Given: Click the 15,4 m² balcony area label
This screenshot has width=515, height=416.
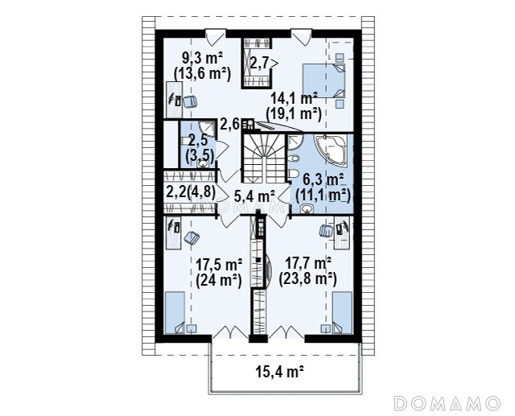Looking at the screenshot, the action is pos(279,373).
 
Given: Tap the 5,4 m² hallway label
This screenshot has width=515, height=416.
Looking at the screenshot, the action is pos(254,196).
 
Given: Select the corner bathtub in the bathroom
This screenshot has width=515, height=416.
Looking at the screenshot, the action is pos(332,150).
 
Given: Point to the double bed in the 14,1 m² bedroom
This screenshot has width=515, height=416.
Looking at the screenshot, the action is pos(323,80).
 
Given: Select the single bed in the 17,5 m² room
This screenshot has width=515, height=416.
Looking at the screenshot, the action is pos(175,312).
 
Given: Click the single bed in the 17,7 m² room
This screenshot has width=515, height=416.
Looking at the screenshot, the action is pos(342,312).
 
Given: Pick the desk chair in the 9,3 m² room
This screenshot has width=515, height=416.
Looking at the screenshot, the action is pos(190,101).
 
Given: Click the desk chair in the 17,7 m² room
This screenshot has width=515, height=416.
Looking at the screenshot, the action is pos(326,230).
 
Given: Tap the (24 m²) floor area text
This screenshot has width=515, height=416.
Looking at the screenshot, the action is pos(219,281).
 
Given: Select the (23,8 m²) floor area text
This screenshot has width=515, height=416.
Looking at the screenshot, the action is pos(307,280).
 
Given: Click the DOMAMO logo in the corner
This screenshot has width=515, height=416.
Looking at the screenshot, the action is pos(447,403).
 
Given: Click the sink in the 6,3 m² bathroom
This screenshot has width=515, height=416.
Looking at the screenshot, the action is pos(307,208).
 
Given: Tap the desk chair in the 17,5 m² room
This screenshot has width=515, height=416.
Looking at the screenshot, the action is pos(192,237).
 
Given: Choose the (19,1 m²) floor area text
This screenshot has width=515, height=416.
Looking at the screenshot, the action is pos(293,114).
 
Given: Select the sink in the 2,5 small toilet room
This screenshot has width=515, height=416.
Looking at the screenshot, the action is pos(202,163).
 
